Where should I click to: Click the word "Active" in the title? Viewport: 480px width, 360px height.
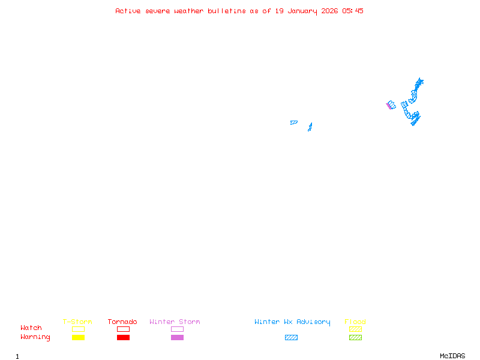click(x=128, y=11)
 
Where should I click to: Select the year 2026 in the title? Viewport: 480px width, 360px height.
click(x=329, y=11)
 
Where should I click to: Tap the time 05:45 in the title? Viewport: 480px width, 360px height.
click(x=353, y=11)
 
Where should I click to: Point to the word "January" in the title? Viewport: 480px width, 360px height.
click(x=302, y=11)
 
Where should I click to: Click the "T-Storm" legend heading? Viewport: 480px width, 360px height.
click(x=77, y=322)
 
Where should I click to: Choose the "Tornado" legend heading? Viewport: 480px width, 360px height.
click(x=122, y=322)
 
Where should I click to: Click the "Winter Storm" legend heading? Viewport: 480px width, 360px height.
click(x=175, y=322)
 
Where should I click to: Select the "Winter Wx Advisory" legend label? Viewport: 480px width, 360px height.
click(x=292, y=322)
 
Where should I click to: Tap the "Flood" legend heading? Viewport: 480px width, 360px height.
click(x=355, y=322)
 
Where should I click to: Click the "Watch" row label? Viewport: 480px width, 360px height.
click(x=31, y=328)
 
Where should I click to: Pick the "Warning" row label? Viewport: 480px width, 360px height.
click(x=35, y=337)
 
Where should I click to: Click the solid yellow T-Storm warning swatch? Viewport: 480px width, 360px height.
click(x=79, y=337)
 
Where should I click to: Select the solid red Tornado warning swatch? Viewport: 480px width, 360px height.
click(x=124, y=337)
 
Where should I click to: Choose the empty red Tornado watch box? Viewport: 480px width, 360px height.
click(x=124, y=326)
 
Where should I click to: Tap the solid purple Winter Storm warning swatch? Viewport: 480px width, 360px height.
click(x=177, y=337)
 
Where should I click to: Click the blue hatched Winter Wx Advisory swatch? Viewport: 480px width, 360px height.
click(x=291, y=337)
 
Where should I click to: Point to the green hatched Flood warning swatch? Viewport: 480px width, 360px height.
click(x=355, y=337)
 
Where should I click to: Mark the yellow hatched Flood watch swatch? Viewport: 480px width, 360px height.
click(x=355, y=329)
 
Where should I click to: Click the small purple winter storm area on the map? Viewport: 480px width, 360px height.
click(x=388, y=106)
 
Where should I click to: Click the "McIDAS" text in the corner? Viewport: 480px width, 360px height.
click(x=452, y=356)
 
